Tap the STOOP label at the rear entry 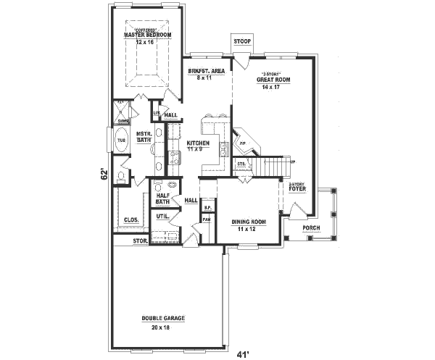tap(242, 42)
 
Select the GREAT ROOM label tap(273, 80)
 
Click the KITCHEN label tap(198, 143)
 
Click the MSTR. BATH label tap(143, 137)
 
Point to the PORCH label tap(311, 227)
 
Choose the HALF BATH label tap(162, 198)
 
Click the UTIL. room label tap(162, 217)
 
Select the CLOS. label tap(131, 219)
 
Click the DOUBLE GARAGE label tap(164, 319)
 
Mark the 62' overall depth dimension tap(104, 175)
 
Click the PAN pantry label tap(207, 219)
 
